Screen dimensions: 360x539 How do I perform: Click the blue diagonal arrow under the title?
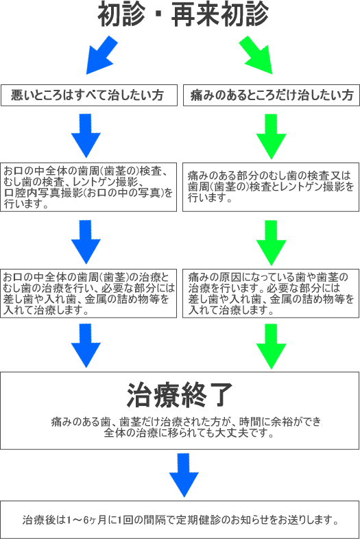pos(101,55)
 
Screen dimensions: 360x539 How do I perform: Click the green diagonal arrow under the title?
pos(256,55)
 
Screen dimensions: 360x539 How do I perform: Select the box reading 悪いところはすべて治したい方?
pos(89,95)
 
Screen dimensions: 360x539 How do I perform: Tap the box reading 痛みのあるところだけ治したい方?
pos(272,95)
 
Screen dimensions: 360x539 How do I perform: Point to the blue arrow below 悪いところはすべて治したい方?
pos(86,136)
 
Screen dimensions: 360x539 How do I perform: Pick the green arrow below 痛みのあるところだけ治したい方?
pos(272,136)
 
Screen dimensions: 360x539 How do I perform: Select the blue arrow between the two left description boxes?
pos(86,242)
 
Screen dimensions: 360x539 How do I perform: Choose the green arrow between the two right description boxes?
pos(272,243)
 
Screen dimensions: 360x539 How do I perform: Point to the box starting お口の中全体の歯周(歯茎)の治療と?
pos(88,294)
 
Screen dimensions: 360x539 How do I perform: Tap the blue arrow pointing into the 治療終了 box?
pos(86,346)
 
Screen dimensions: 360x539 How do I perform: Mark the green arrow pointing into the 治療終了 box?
pos(272,346)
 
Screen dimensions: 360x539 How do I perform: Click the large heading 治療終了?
pos(180,395)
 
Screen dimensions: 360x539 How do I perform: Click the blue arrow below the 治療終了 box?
pos(184,475)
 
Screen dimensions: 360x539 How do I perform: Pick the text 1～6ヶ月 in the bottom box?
pos(86,520)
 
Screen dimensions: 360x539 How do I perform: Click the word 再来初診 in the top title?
pos(220,14)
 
